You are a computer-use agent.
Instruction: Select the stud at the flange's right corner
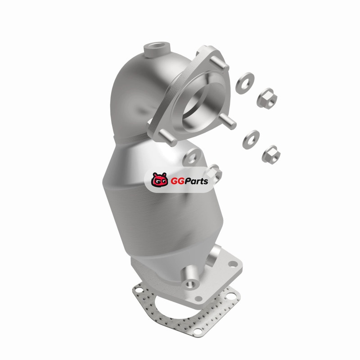(228, 121)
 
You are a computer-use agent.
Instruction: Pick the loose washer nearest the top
(245, 83)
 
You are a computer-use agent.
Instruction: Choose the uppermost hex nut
(267, 97)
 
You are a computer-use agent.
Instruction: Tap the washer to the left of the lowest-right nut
(251, 139)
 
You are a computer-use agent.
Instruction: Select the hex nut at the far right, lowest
(271, 154)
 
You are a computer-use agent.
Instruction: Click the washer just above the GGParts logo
(192, 157)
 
